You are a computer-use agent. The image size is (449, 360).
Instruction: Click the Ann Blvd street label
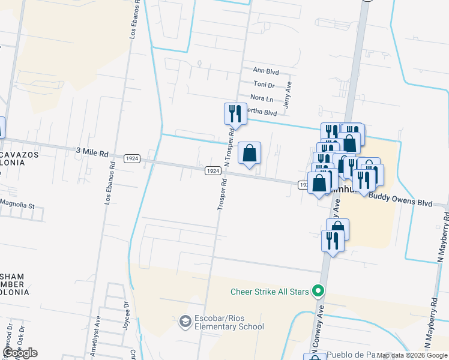[266, 71]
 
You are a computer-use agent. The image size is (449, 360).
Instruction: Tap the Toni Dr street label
[264, 85]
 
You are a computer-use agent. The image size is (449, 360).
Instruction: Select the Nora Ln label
[262, 98]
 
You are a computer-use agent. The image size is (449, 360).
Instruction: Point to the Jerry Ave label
[289, 95]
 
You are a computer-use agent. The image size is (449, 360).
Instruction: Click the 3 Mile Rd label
[92, 152]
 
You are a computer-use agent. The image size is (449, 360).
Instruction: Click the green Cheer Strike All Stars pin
[319, 292]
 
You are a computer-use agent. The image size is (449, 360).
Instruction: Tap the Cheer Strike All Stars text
[270, 292]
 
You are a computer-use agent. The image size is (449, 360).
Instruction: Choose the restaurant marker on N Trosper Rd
[235, 113]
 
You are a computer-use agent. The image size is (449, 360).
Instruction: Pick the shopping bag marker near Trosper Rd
[250, 154]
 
